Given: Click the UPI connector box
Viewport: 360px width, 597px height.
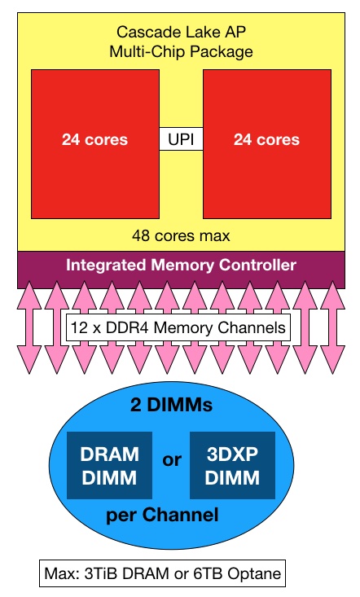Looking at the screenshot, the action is [181, 139].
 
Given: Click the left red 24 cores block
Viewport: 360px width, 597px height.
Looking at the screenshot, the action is [95, 144].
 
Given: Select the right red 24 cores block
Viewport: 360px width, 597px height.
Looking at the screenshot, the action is [267, 144].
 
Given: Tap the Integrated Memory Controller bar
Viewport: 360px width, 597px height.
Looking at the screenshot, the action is [181, 270].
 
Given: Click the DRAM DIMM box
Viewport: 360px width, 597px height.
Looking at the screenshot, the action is [110, 465].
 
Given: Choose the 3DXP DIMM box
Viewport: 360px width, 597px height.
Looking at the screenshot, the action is [232, 465].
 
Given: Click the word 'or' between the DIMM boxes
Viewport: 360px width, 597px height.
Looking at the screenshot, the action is [171, 460].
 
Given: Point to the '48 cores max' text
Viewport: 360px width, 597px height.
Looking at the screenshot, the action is [181, 235].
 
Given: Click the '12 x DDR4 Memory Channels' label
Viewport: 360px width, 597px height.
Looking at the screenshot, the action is [178, 327].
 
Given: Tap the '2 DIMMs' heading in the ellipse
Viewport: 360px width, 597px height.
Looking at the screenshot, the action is [171, 405].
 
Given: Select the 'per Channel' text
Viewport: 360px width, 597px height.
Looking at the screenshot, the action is [163, 515].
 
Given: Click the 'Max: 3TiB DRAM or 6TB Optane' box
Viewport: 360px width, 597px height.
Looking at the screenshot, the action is [163, 573].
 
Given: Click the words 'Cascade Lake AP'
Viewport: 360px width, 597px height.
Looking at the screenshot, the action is [181, 32].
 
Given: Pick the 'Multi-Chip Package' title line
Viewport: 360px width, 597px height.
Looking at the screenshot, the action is [181, 51].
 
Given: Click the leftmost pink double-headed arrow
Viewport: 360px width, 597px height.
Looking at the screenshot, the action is [29, 327].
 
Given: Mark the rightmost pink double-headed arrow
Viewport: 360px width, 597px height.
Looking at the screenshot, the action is [333, 327].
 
